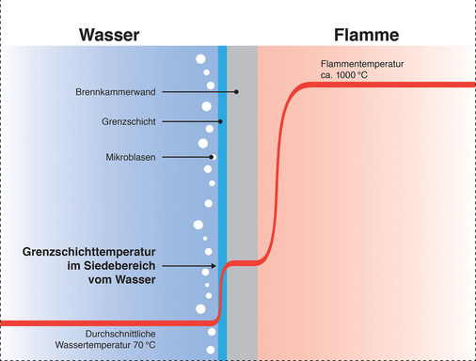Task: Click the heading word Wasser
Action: [109, 36]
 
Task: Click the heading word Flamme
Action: [367, 36]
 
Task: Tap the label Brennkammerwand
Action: [115, 92]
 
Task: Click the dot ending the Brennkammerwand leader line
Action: [237, 92]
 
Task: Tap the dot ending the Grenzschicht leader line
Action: [220, 122]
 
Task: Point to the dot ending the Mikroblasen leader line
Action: [212, 156]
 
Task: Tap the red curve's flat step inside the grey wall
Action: [243, 262]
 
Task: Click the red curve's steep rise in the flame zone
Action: [279, 169]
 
